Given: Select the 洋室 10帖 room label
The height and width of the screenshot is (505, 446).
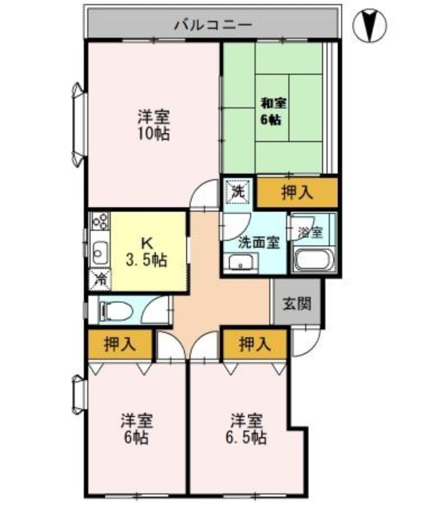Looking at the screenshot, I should tap(154, 125).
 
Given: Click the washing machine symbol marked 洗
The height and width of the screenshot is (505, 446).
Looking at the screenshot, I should tap(238, 192).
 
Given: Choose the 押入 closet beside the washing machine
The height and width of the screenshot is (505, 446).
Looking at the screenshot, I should tap(296, 192).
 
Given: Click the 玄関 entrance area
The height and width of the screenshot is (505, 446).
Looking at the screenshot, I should tap(296, 303).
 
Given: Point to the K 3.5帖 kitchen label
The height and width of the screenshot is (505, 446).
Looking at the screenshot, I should tap(146, 251).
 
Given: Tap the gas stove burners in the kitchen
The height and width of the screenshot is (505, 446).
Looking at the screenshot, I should tap(100, 222).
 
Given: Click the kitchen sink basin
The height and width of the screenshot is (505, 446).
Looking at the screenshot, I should tap(99, 254).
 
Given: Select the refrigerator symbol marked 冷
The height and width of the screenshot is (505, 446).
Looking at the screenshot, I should tap(100, 279).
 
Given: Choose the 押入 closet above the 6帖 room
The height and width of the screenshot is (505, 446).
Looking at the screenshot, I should tap(120, 345).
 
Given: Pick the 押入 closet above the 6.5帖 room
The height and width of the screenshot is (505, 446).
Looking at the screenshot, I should tap(255, 345).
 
